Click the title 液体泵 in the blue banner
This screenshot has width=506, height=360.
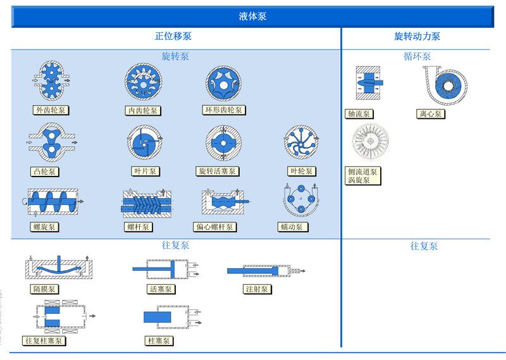click(x=252, y=16)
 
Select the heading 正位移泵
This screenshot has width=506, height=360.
click(x=173, y=37)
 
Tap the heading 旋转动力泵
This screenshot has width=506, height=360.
click(x=417, y=37)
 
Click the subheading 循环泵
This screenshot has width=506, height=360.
click(x=417, y=56)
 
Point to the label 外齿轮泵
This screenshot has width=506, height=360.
click(x=51, y=110)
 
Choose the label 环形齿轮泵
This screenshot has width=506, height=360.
click(x=224, y=110)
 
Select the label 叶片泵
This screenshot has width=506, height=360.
click(x=145, y=171)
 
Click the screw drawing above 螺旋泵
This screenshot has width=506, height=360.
click(x=52, y=202)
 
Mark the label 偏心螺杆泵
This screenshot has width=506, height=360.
click(x=214, y=227)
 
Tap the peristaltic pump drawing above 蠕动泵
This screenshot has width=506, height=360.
click(x=300, y=201)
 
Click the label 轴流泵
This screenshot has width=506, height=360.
click(x=358, y=115)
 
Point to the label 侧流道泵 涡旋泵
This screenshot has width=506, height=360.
click(x=362, y=176)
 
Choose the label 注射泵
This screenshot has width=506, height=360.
click(x=257, y=289)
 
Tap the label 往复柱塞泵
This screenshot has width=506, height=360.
click(x=44, y=341)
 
